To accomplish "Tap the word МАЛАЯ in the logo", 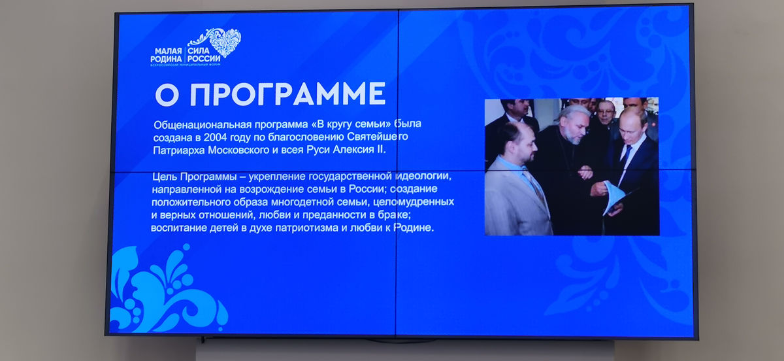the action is [x=169, y=52].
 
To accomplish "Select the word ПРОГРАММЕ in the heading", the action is [x=287, y=94].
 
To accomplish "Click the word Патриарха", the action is [x=179, y=150].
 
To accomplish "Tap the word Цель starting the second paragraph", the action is [x=165, y=177].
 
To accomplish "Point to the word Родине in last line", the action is [x=414, y=228].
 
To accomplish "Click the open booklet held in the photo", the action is [x=613, y=198].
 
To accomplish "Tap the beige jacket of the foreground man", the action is [x=515, y=199].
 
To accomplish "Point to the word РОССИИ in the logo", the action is [x=204, y=59].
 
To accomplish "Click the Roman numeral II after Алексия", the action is [x=380, y=150].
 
